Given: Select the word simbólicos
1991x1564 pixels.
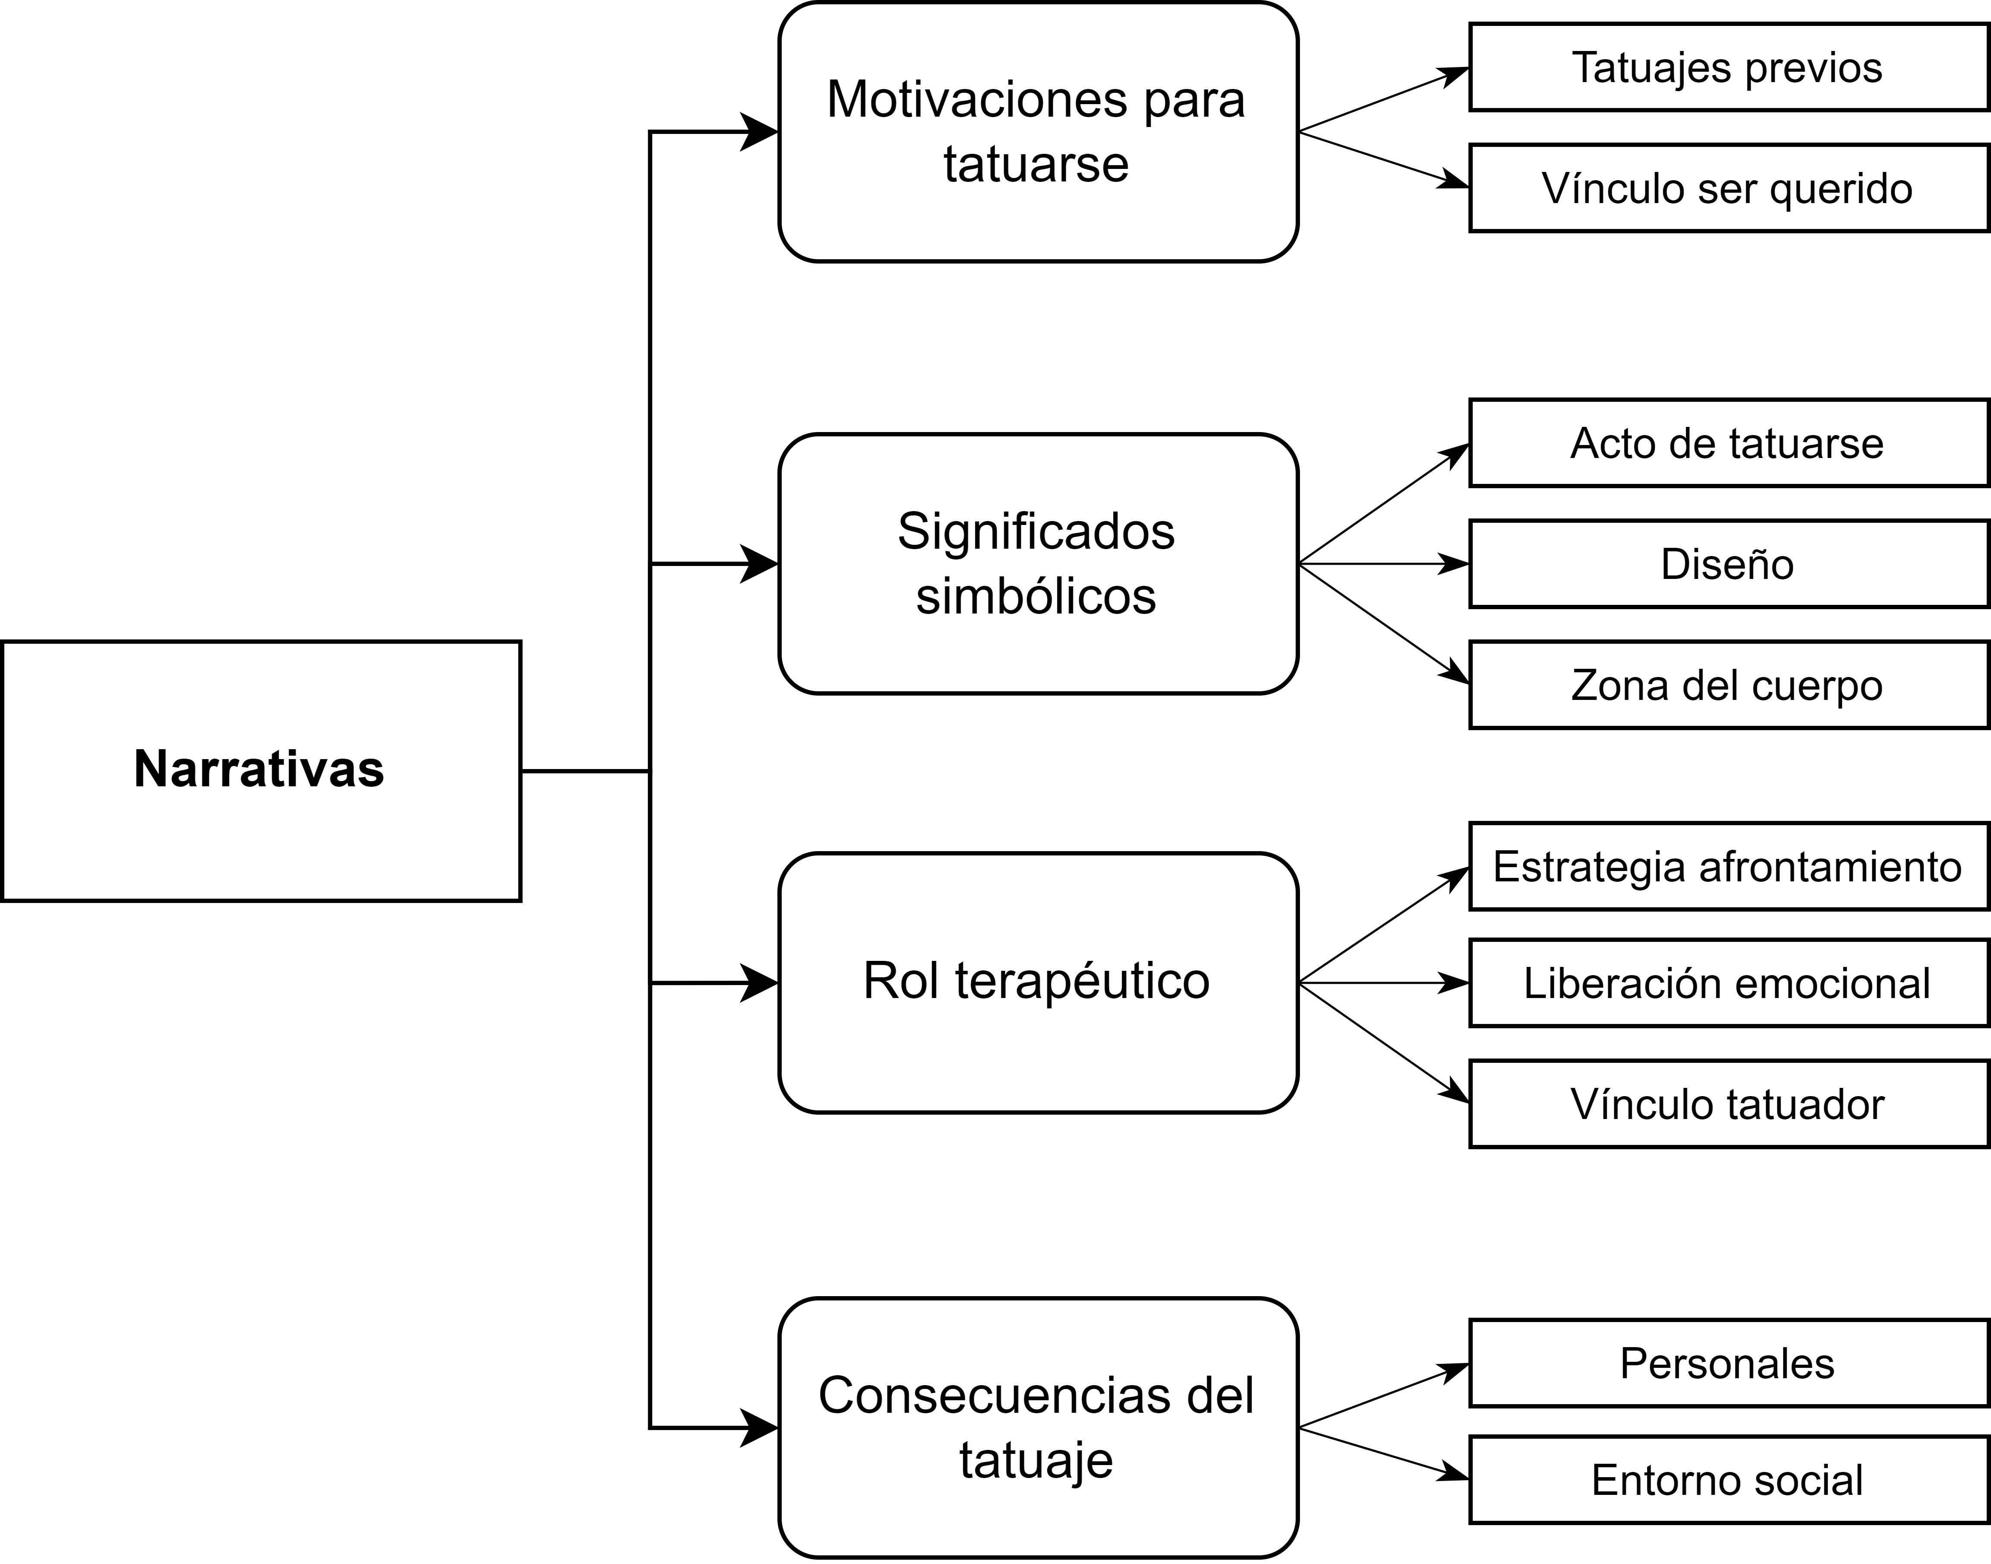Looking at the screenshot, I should coord(1036,596).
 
